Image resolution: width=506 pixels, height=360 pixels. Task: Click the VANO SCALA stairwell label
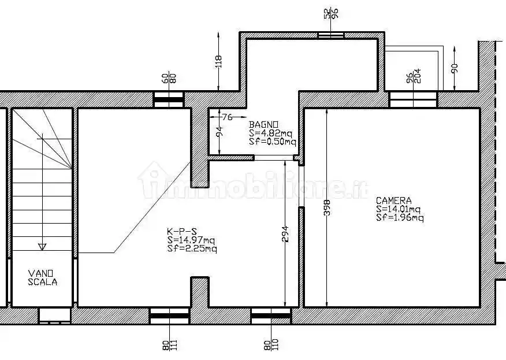click(x=42, y=278)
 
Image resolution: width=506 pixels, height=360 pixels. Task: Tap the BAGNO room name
click(x=263, y=124)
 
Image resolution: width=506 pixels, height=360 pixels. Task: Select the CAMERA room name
click(x=394, y=201)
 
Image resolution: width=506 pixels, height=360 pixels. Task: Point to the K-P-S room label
click(x=182, y=231)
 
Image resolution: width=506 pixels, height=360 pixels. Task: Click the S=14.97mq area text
click(x=191, y=240)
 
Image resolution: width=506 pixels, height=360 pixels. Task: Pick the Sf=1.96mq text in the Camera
click(x=400, y=218)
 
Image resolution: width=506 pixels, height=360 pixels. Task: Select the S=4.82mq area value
click(x=270, y=133)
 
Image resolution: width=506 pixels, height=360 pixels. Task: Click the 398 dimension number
click(x=326, y=207)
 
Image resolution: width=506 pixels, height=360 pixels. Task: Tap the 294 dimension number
click(x=285, y=234)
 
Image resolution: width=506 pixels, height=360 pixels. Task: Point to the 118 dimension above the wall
click(x=218, y=61)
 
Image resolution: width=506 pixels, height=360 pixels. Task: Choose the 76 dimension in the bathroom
click(x=227, y=117)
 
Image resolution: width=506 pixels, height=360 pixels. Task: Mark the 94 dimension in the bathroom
click(x=219, y=132)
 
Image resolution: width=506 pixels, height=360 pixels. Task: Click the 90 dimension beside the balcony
click(x=455, y=68)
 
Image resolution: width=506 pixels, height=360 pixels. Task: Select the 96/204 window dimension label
click(x=414, y=76)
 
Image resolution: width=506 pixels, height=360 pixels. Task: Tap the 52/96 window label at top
click(x=331, y=13)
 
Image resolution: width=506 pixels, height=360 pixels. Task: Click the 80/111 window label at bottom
click(x=170, y=345)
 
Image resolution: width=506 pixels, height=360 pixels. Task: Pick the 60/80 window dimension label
click(x=169, y=79)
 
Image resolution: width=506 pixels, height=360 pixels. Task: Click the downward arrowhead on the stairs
click(x=42, y=247)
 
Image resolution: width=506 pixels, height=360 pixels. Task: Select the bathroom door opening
click(x=274, y=158)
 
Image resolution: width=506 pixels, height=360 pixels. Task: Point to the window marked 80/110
click(x=271, y=316)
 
